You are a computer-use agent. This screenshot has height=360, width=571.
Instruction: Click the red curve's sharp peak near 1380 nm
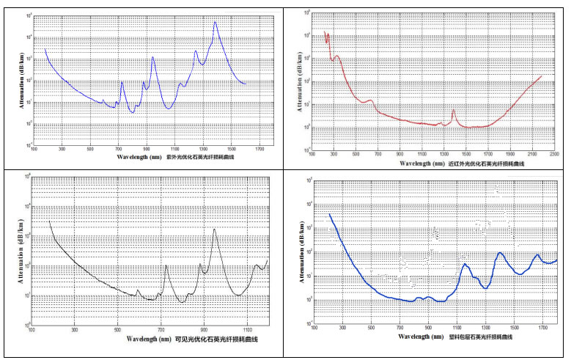click(x=453, y=111)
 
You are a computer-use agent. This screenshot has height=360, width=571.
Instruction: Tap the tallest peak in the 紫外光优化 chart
click(x=215, y=22)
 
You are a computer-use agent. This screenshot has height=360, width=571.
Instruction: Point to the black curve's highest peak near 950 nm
click(x=215, y=229)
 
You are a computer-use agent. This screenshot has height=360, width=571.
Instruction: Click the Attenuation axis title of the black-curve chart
click(x=21, y=251)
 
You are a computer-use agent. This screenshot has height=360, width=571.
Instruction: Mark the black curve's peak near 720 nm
click(x=166, y=265)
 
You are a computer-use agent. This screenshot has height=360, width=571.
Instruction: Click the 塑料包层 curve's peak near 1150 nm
click(x=464, y=264)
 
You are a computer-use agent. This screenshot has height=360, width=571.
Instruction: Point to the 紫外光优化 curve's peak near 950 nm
click(x=152, y=57)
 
